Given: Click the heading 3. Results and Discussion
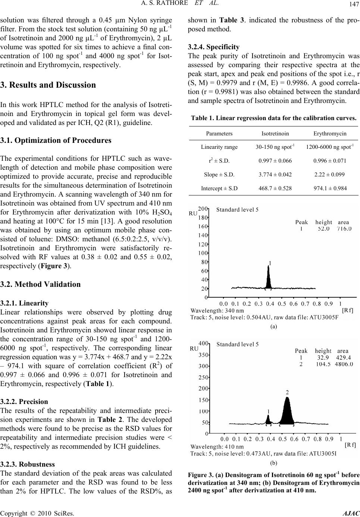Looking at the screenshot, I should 49,85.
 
